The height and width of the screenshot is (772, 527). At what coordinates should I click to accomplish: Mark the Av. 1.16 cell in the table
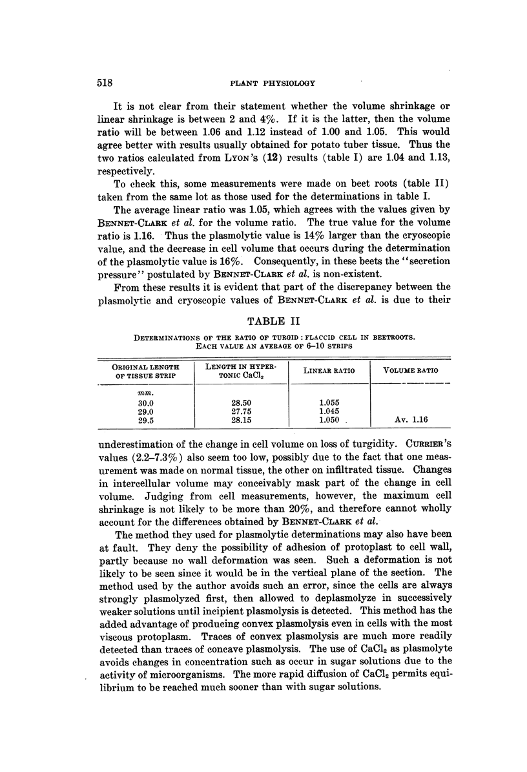click(x=411, y=419)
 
